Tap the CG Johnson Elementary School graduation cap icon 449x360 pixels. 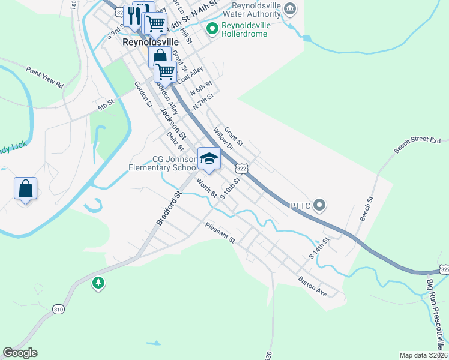pos(209,158)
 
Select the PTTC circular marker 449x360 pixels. pos(319,206)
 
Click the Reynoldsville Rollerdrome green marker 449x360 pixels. pos(212,28)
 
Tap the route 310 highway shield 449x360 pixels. pos(58,310)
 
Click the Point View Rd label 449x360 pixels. pos(44,77)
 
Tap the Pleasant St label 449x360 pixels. pos(219,232)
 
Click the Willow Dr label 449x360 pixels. pos(222,141)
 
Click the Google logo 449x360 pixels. pos(20,353)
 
